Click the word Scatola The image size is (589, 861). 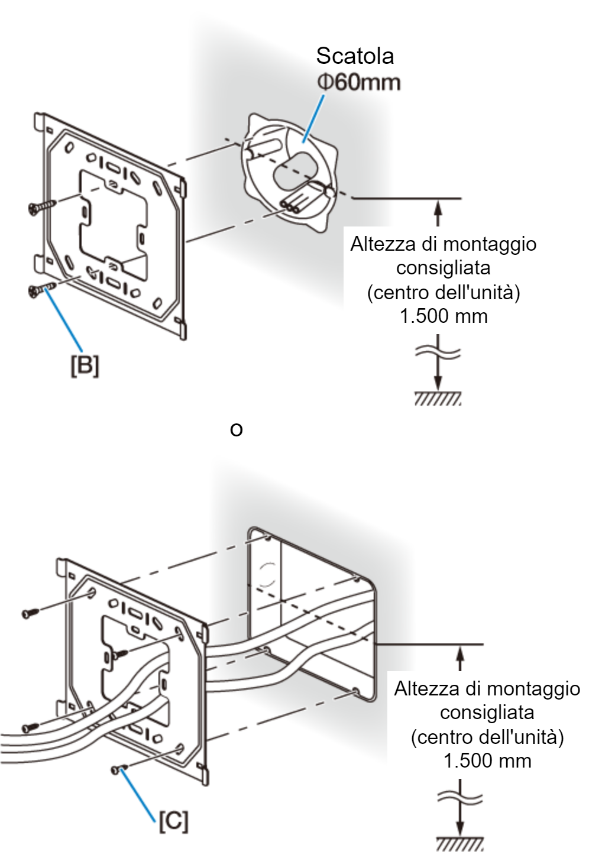point(355,56)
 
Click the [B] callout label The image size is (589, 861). point(85,365)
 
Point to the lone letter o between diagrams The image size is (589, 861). point(236,430)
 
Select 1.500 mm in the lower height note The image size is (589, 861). point(487,760)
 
